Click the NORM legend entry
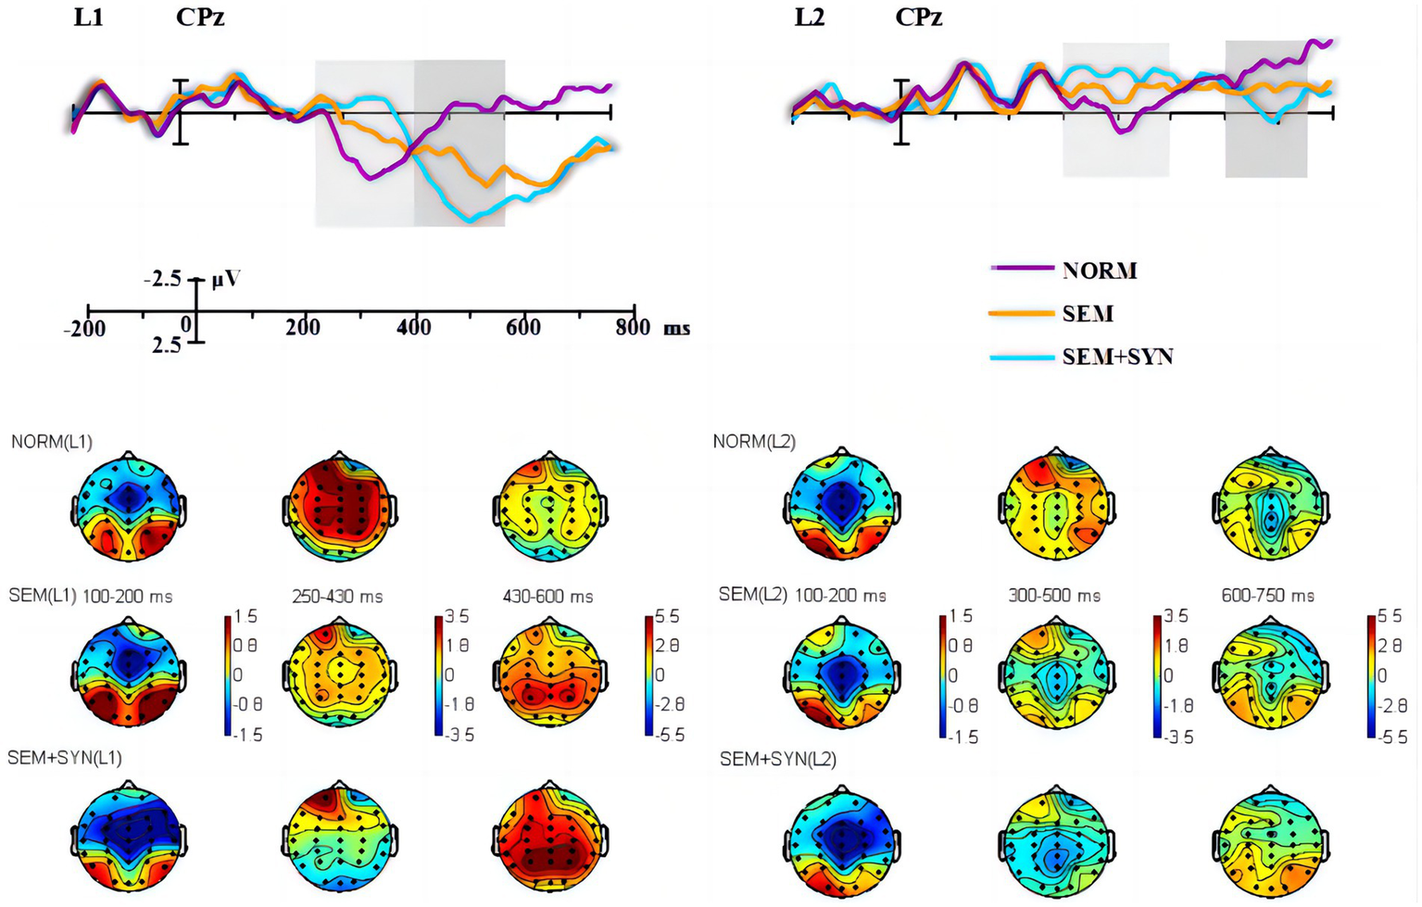(1099, 271)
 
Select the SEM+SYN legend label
(1117, 357)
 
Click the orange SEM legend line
(1022, 314)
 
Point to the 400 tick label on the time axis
(413, 327)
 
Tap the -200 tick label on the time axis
(84, 328)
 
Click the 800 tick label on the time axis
(633, 327)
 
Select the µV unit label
(226, 278)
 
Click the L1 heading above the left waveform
(89, 18)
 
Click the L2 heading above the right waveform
(809, 18)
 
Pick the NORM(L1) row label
(52, 442)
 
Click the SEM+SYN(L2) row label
(778, 760)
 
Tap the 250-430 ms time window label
(337, 597)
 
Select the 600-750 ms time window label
(1267, 596)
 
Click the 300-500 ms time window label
(1054, 596)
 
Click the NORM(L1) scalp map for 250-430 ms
(339, 506)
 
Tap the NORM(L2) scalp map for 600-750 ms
(1270, 506)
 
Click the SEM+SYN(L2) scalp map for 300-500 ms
(1055, 841)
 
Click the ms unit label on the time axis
(676, 328)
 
